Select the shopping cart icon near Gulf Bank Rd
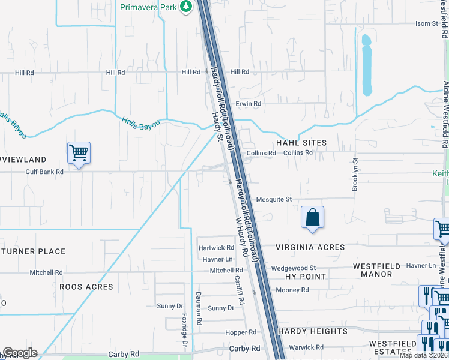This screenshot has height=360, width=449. click(79, 153)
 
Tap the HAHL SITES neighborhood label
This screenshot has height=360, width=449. click(301, 143)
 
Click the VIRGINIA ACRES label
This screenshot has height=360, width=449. click(310, 247)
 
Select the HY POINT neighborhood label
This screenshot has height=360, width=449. click(306, 277)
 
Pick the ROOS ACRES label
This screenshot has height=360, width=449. click(86, 287)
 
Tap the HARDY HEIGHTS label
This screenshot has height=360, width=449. click(312, 331)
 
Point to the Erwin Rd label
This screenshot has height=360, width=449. click(249, 104)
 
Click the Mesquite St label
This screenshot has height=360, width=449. click(273, 199)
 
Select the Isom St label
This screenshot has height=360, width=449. click(427, 23)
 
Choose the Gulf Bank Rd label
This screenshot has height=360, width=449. click(44, 172)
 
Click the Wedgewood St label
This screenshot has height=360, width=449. click(294, 268)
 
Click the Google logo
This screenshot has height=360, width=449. click(20, 353)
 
